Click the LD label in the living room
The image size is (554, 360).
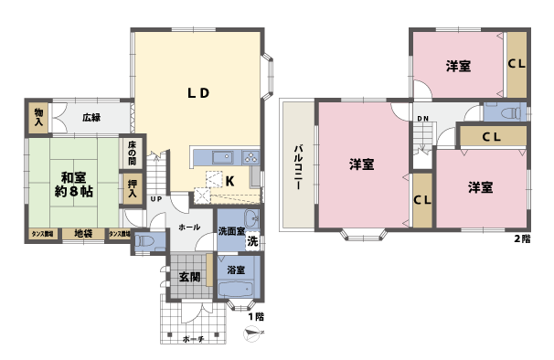199,92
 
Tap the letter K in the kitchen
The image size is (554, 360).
230,181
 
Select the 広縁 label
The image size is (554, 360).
91,117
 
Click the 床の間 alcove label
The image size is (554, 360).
133,153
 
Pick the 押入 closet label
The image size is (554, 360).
133,191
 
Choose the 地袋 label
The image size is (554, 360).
83,234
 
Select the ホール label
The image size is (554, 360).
189,227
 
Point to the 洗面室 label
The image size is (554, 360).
230,232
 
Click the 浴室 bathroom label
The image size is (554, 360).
236,270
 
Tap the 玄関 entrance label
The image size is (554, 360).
189,277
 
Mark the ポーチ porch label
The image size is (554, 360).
192,339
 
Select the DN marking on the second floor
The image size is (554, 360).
423,120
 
